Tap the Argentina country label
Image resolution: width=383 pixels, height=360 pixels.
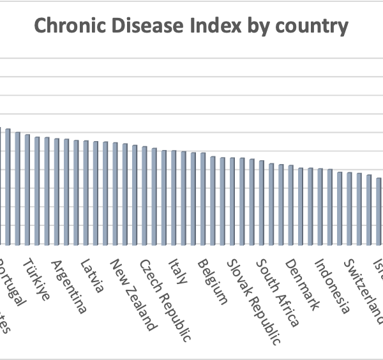(68, 287)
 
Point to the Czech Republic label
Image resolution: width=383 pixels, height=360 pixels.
(165, 301)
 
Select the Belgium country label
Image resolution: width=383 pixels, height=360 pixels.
(211, 281)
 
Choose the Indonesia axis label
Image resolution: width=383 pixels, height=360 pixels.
(333, 287)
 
